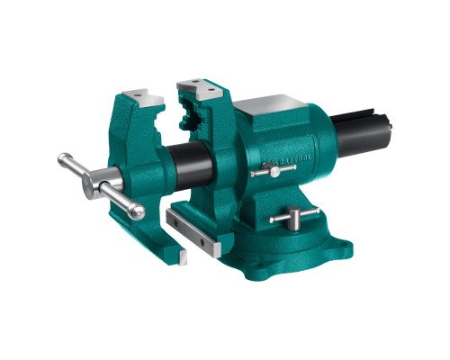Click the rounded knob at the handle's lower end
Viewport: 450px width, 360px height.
[137, 212]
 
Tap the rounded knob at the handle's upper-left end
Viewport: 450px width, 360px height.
[63, 160]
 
